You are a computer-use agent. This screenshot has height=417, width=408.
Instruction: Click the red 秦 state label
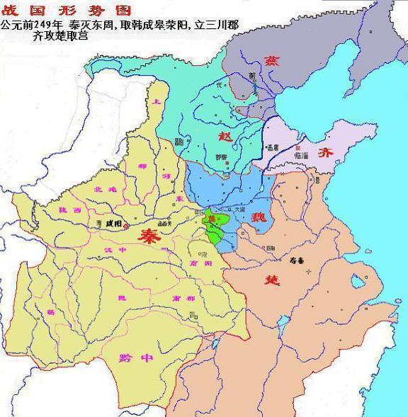click(x=149, y=236)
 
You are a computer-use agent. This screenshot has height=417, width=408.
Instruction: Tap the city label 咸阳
click(x=113, y=224)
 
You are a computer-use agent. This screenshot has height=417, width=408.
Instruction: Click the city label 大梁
click(x=240, y=210)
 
